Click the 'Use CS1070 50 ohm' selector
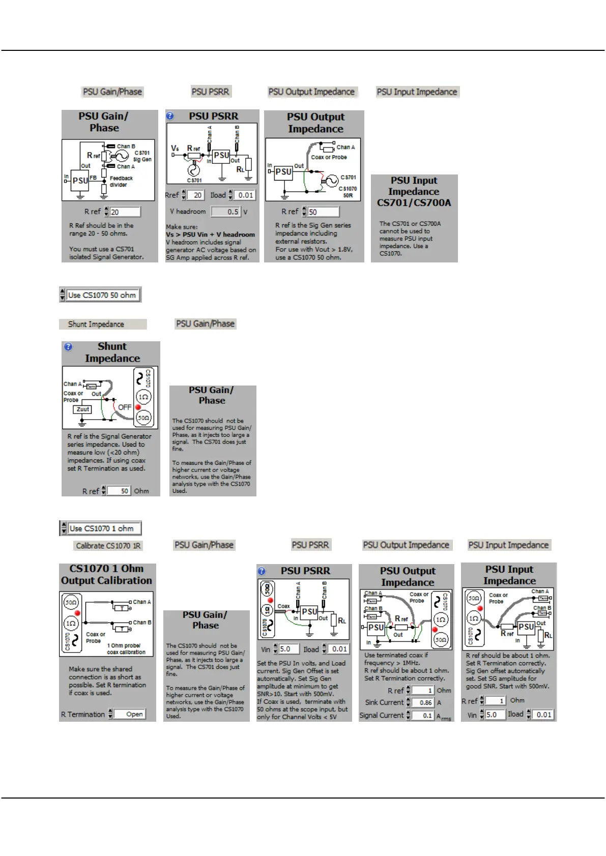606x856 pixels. (x=102, y=295)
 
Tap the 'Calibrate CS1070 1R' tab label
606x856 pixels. (x=108, y=546)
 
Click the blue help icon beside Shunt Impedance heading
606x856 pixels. (x=68, y=347)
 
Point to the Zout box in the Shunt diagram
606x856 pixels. (x=82, y=409)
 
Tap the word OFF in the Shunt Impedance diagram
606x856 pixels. (x=125, y=407)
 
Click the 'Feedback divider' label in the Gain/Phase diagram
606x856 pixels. (x=121, y=182)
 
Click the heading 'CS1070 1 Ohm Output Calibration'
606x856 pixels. (x=106, y=575)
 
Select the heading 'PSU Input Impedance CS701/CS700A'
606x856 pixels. (x=414, y=191)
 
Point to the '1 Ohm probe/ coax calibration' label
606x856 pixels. (x=126, y=649)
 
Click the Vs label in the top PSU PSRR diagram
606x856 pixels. (x=175, y=148)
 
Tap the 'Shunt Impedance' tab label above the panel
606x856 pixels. (x=96, y=324)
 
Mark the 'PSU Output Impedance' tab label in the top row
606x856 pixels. (x=311, y=92)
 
